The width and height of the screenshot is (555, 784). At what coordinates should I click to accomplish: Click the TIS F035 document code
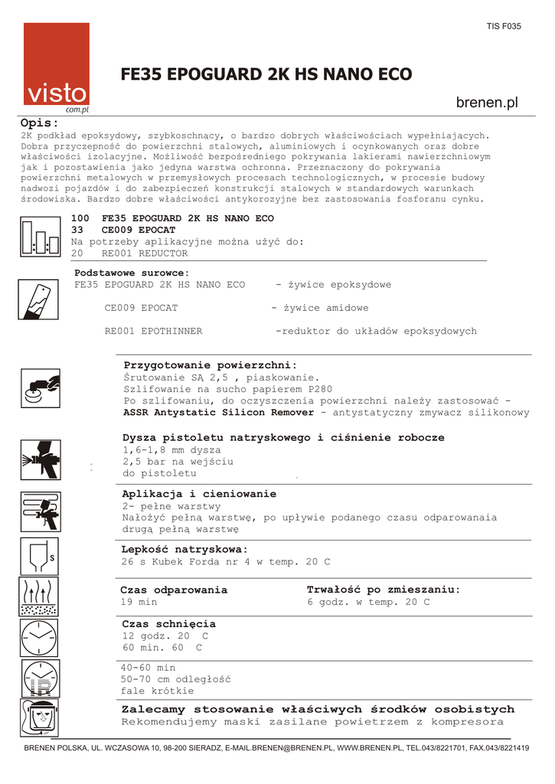click(x=503, y=26)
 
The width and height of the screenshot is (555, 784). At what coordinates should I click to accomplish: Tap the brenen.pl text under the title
click(x=487, y=103)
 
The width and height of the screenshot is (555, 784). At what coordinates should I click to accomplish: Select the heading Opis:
click(x=39, y=123)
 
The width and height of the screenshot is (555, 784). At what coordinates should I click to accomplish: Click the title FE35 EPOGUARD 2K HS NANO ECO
click(x=266, y=74)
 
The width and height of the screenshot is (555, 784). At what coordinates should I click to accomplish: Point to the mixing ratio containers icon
click(x=40, y=237)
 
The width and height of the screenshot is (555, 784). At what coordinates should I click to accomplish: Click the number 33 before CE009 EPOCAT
click(x=77, y=230)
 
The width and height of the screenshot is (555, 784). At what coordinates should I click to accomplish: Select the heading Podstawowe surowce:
click(x=132, y=273)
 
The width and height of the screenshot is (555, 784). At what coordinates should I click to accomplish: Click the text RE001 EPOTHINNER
click(x=153, y=331)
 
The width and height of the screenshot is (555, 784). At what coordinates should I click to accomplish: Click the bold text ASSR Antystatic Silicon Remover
click(x=218, y=412)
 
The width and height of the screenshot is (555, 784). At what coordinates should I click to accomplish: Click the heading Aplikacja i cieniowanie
click(x=199, y=494)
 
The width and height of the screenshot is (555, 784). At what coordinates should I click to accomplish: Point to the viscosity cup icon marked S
click(x=40, y=557)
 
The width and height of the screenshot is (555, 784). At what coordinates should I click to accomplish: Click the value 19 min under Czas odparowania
click(x=139, y=602)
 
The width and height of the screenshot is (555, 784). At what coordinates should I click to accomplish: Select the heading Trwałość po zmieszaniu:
click(x=384, y=590)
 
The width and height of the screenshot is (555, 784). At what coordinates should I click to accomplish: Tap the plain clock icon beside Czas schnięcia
click(x=40, y=637)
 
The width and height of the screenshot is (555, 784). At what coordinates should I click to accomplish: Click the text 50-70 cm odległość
click(x=175, y=678)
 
